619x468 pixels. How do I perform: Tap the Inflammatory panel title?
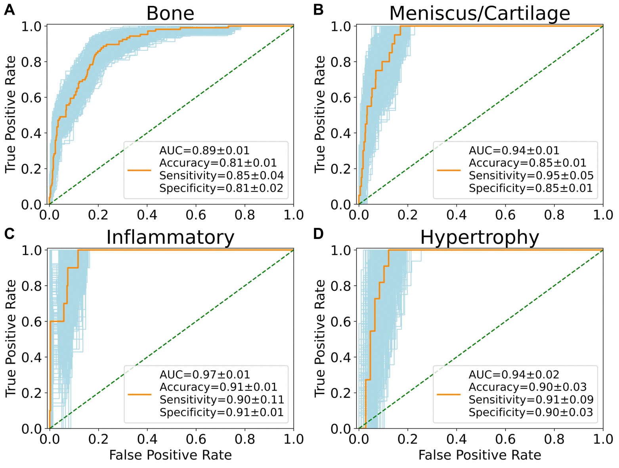[170, 237]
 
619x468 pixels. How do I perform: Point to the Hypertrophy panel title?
[480, 237]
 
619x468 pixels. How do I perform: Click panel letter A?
[10, 10]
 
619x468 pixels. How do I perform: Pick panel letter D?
[318, 234]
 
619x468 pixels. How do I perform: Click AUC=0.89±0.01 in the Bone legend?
[204, 151]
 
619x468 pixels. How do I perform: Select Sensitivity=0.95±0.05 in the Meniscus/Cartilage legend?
[531, 176]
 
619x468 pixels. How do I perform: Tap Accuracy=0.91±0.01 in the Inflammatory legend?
[218, 387]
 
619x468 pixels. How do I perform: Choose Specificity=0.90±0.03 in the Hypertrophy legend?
[531, 413]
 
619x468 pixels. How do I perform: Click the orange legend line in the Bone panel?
[139, 170]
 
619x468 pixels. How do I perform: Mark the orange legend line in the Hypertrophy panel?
[449, 394]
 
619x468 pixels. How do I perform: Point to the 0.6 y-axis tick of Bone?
[31, 97]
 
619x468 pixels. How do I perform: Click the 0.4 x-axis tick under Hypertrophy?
[457, 439]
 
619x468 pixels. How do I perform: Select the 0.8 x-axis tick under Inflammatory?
[245, 439]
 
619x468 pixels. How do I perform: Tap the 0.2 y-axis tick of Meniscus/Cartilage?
[341, 169]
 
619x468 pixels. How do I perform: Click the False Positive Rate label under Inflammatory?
[170, 455]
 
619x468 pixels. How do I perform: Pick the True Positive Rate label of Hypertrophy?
[320, 338]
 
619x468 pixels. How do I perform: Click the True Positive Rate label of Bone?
[11, 115]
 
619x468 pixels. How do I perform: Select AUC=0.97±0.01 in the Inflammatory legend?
[205, 374]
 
